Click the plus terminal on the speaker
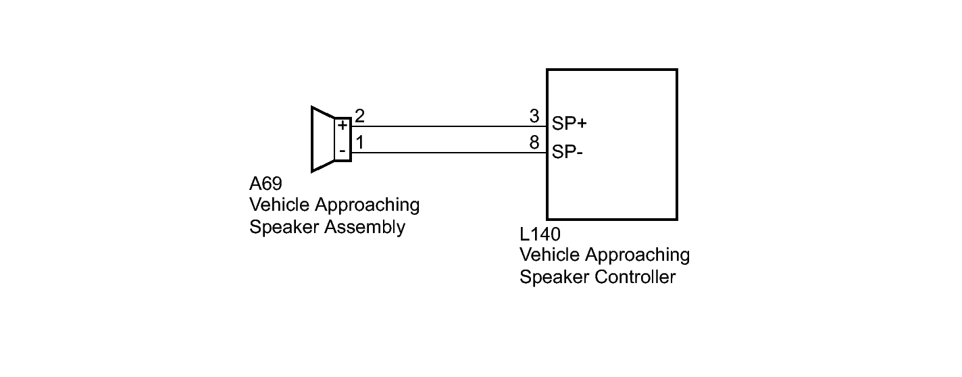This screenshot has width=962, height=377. (x=343, y=126)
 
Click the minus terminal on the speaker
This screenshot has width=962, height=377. (x=343, y=151)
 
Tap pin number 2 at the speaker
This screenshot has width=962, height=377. (x=360, y=117)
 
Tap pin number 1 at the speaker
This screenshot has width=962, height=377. (x=360, y=143)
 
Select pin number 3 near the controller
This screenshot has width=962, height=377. (x=534, y=117)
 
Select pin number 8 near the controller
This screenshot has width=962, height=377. (x=534, y=143)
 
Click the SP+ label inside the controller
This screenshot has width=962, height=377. (x=569, y=124)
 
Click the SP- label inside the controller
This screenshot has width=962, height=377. (x=567, y=151)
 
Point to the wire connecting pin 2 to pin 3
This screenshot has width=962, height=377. (x=446, y=126)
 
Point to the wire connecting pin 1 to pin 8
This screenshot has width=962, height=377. (x=446, y=153)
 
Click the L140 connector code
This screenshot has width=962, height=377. (x=540, y=234)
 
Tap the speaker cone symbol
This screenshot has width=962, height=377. (x=322, y=139)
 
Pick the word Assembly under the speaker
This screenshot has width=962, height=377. (x=365, y=227)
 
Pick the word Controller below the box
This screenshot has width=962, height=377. (x=637, y=277)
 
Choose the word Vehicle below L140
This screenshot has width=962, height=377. (x=548, y=255)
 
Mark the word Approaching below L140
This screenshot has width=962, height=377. (x=637, y=256)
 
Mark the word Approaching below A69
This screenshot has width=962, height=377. (x=367, y=205)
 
